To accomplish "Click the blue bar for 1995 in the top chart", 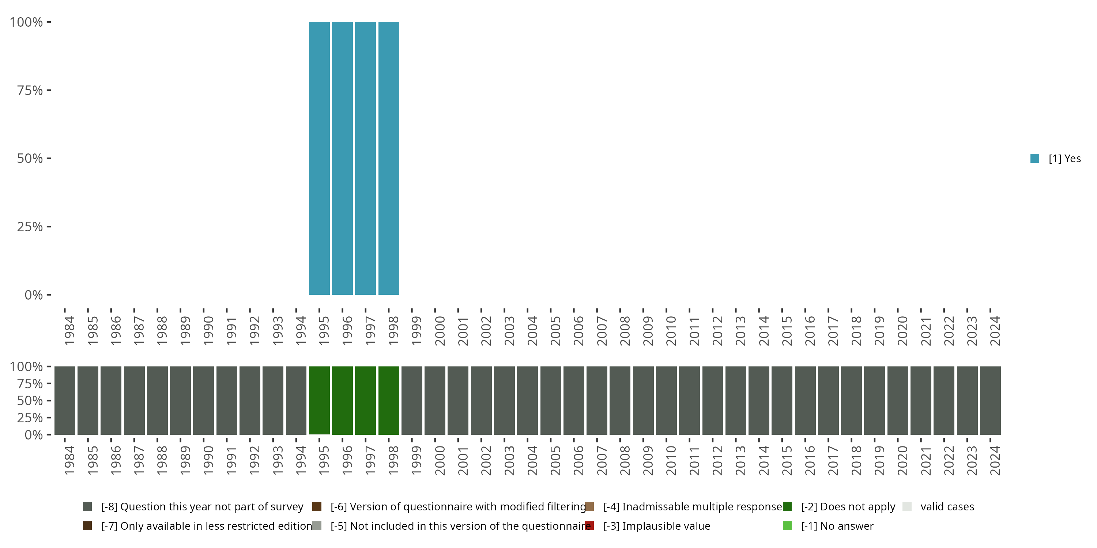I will pos(319,158).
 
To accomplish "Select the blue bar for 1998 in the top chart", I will pos(388,158).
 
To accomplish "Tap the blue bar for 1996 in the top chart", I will pos(342,158).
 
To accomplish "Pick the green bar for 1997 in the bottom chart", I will pos(365,400).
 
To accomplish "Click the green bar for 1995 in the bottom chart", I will pos(319,400).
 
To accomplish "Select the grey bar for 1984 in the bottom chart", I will pos(65,400).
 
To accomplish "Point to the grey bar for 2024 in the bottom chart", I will pos(990,400).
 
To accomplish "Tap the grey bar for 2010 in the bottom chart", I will pos(666,400).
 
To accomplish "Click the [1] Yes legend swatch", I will pos(1034,158).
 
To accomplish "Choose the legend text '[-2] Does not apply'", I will pos(848,507).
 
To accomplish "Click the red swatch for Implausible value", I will pos(589,526).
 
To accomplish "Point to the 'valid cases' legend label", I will pos(947,507).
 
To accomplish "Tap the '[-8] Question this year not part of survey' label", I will pos(202,507).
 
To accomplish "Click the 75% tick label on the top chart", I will pos(30,90).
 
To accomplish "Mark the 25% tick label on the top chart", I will pos(30,227).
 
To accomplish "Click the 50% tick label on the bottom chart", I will pos(30,400).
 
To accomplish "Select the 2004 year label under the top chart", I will pos(532,331).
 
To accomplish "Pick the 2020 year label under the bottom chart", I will pos(902,460).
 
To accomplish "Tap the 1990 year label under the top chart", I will pos(208,331).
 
